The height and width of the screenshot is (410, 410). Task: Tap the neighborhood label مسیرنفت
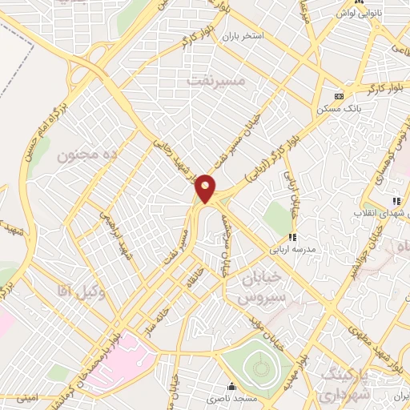[x=215, y=81]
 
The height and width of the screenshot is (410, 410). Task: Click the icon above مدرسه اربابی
[x=293, y=236]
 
